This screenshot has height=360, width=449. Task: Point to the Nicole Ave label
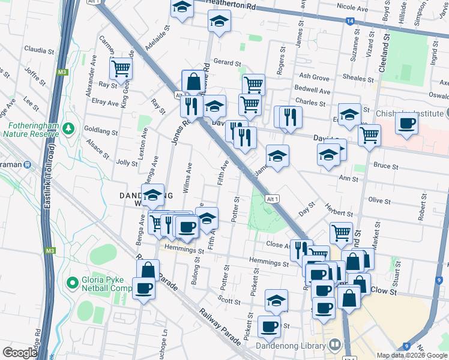[x=352, y=9]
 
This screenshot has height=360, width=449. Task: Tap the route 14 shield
[x=349, y=21]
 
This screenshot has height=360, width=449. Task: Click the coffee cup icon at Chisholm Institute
[x=407, y=124]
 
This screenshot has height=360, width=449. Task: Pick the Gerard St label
[x=227, y=62]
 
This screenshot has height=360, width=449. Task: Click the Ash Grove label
[x=315, y=77]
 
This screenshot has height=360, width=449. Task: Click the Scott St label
[x=229, y=302]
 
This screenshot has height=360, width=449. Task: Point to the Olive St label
[x=379, y=200]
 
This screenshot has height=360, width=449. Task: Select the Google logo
[x=20, y=353]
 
